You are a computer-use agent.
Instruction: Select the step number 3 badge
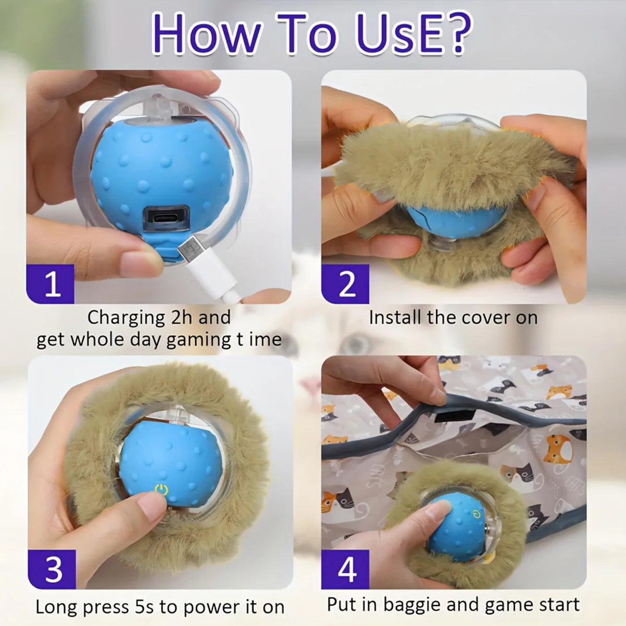click(x=53, y=569)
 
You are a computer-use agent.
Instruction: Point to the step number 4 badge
click(x=346, y=569)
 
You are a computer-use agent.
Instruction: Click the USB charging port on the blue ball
click(x=166, y=215)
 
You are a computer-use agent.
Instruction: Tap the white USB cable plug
click(x=191, y=251)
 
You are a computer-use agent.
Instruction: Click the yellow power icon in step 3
click(x=161, y=490)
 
